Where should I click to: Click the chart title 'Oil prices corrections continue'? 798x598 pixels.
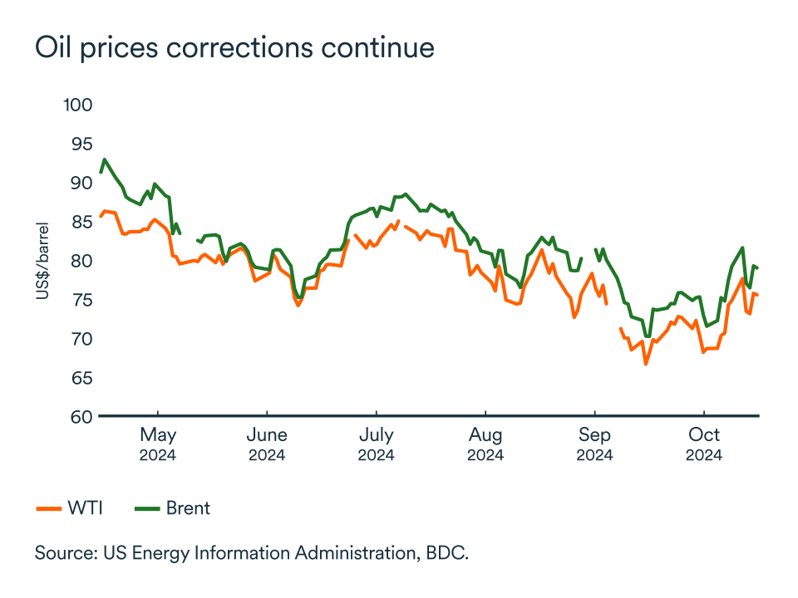pos(234,47)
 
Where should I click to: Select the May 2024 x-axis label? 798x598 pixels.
pos(158,444)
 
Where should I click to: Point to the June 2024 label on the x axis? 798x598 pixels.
pos(267,444)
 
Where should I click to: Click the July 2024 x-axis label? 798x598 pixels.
pos(376,444)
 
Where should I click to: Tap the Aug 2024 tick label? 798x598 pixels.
pos(485,444)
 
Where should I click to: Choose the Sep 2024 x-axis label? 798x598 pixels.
pos(595,444)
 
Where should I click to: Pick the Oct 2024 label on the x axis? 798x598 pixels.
pos(704,444)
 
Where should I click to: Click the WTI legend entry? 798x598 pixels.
pos(70,508)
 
